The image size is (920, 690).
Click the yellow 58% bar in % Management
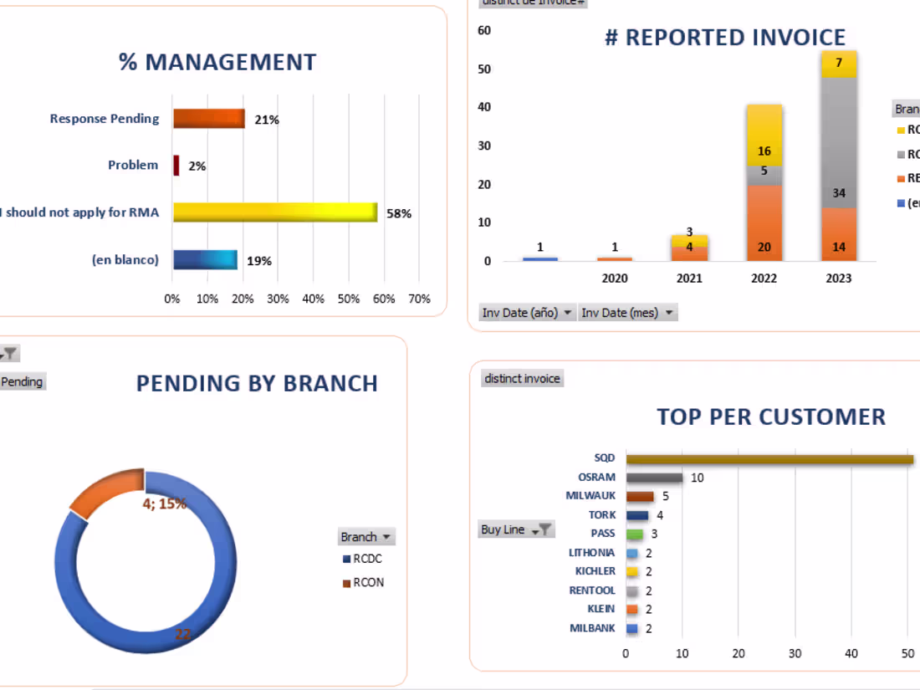coord(274,212)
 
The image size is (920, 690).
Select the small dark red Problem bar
coord(176,166)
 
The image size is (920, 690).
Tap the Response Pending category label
coord(105,119)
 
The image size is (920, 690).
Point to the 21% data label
coord(267,120)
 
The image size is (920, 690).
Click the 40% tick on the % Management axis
coord(314,299)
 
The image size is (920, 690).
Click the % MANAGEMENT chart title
coord(217,62)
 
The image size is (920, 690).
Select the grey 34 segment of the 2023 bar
coord(838,151)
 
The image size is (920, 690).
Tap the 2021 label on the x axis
coord(689,278)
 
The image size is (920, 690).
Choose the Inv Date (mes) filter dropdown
coord(627,313)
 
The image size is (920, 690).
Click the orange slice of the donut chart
coord(105,493)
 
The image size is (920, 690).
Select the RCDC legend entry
coord(366,559)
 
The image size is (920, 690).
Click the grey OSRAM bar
coord(654,478)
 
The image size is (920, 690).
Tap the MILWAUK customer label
coord(590,496)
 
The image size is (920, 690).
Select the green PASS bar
coord(635,534)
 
